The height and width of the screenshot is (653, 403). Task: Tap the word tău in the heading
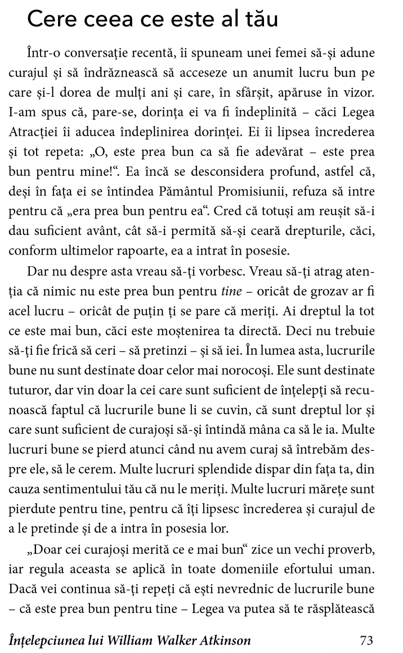(257, 20)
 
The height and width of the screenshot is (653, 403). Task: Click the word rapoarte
(140, 251)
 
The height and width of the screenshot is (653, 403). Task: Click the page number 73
(366, 640)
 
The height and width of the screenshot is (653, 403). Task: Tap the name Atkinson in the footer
(225, 640)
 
